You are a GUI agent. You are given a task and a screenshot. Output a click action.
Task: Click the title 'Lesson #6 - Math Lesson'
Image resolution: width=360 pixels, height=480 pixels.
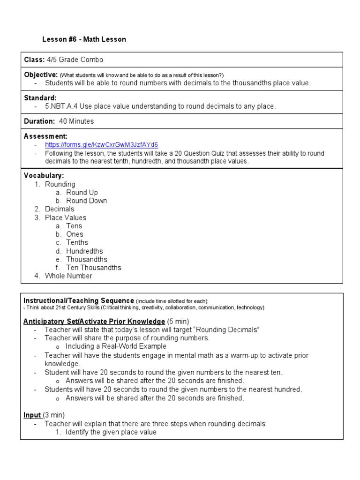click(84, 39)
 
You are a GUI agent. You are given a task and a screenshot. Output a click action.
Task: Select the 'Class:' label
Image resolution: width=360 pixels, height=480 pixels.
click(34, 60)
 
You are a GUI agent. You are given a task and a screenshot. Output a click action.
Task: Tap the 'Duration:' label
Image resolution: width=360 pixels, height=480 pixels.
click(39, 121)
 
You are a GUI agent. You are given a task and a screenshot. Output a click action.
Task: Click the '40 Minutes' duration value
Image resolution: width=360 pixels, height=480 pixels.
click(76, 121)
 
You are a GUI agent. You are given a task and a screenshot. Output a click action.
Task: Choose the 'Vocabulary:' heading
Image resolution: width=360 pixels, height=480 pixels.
click(44, 175)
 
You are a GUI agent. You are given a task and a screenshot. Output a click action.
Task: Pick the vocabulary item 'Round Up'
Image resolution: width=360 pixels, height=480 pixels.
click(82, 192)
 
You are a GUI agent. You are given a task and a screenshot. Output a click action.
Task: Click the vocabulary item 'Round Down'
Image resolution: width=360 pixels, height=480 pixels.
click(86, 201)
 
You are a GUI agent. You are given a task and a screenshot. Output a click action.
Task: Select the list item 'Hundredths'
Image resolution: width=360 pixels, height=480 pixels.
click(84, 251)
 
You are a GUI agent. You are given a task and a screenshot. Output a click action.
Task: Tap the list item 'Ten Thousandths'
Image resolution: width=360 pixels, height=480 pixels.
click(93, 268)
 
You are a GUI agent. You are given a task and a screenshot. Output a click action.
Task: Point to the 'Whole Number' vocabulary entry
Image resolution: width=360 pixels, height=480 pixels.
click(68, 276)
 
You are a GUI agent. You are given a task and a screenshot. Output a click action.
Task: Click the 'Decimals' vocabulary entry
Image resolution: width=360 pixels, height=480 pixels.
click(60, 209)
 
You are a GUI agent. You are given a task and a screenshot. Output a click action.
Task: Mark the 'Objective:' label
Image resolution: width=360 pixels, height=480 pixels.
click(41, 75)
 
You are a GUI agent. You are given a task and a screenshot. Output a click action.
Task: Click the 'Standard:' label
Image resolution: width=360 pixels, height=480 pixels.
click(40, 98)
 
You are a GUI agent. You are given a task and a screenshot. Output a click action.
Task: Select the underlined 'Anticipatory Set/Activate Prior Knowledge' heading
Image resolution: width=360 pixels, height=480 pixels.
click(94, 322)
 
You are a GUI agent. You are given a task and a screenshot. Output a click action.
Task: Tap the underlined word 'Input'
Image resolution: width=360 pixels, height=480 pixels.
click(32, 415)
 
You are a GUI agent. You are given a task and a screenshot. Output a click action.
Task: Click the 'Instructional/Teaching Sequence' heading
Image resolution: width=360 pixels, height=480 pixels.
click(79, 300)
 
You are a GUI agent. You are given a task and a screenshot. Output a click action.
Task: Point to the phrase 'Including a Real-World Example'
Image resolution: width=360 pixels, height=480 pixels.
click(116, 346)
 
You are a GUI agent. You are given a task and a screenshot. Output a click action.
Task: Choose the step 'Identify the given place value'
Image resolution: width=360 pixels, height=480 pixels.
click(111, 432)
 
